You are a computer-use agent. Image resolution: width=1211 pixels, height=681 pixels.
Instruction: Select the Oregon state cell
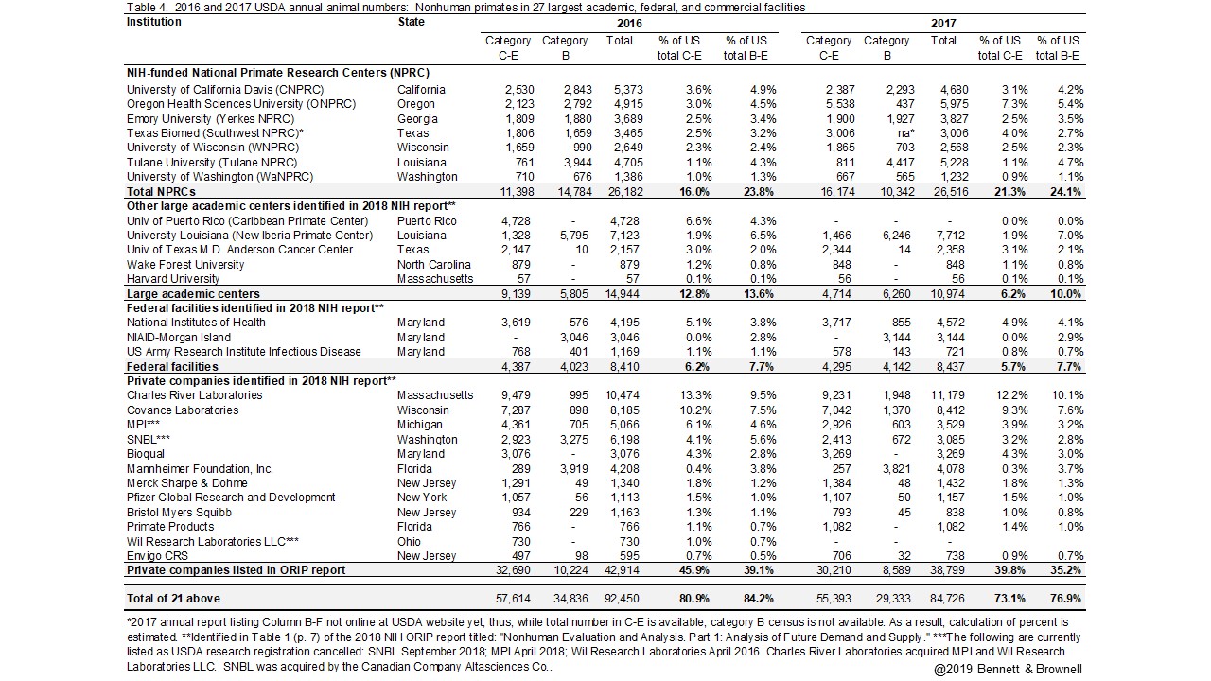coord(416,104)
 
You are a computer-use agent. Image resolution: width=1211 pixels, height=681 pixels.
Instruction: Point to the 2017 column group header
coord(943,23)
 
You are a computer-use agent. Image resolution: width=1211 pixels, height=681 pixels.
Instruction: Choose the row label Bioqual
coord(146,454)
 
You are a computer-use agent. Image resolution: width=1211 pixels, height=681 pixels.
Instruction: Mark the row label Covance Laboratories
coord(181,410)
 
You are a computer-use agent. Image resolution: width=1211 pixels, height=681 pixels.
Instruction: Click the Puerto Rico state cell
coord(427,221)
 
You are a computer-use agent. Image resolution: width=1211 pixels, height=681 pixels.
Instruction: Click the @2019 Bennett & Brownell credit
coord(1008,670)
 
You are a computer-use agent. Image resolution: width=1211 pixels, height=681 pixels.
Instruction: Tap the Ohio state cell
coord(409,541)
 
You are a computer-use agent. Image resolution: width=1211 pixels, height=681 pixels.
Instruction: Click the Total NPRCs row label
coord(162,191)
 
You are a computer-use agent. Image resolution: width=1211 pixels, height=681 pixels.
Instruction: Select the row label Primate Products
coord(170,527)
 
